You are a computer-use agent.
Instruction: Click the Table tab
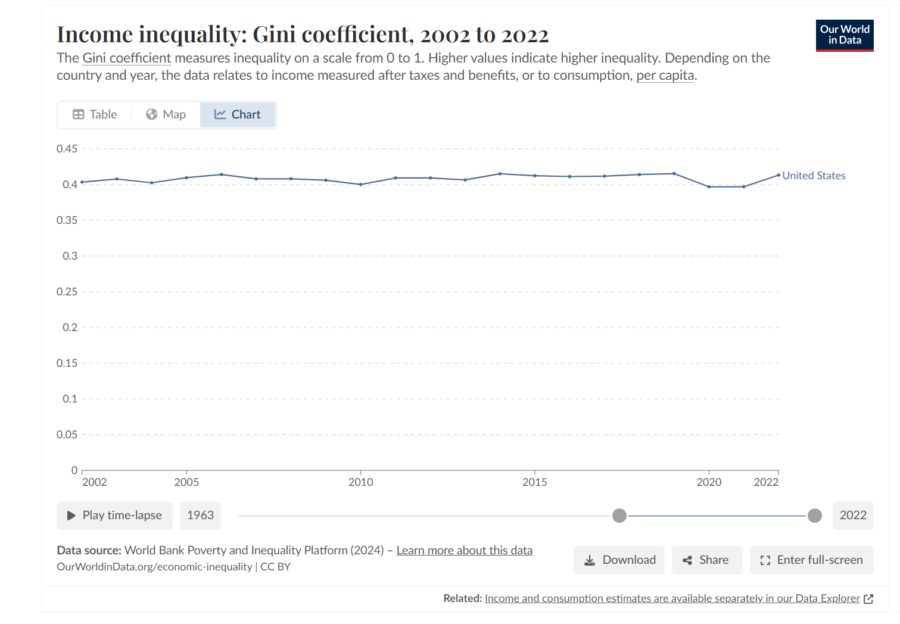pyautogui.click(x=95, y=114)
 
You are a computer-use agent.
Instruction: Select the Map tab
pyautogui.click(x=166, y=114)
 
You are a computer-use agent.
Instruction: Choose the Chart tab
pyautogui.click(x=238, y=114)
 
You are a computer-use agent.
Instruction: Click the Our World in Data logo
pyautogui.click(x=844, y=35)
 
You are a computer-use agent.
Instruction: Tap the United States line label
pyautogui.click(x=814, y=176)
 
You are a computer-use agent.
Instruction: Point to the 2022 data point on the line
pyautogui.click(x=778, y=175)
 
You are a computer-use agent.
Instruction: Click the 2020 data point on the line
pyautogui.click(x=709, y=187)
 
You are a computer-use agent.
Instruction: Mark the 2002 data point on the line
pyautogui.click(x=82, y=182)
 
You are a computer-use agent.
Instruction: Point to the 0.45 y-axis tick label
pyautogui.click(x=67, y=149)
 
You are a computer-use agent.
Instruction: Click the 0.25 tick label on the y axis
pyautogui.click(x=67, y=292)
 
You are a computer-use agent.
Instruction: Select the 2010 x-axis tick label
pyautogui.click(x=360, y=482)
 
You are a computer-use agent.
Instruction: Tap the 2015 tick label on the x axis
pyautogui.click(x=534, y=482)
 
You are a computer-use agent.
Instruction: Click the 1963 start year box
pyautogui.click(x=200, y=515)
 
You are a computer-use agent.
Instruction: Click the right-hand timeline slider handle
pyautogui.click(x=815, y=516)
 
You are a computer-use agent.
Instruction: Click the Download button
pyautogui.click(x=619, y=560)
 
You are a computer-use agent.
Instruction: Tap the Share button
pyautogui.click(x=706, y=560)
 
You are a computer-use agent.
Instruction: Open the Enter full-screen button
pyautogui.click(x=811, y=560)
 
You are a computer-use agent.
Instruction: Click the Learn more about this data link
pyautogui.click(x=465, y=550)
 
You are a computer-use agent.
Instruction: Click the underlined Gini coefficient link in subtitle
pyautogui.click(x=126, y=58)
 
